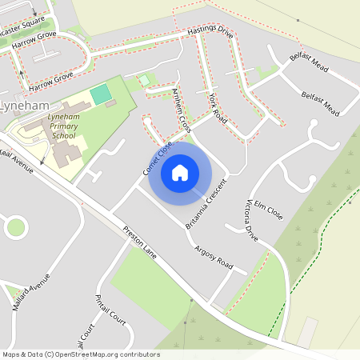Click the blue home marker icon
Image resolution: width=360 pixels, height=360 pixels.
(x=180, y=172)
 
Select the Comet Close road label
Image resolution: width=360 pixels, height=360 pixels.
(x=158, y=158)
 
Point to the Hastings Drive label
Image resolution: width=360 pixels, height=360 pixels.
(x=209, y=33)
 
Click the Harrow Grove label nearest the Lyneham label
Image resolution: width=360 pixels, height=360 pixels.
(x=51, y=78)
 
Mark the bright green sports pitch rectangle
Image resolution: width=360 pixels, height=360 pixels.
(x=101, y=94)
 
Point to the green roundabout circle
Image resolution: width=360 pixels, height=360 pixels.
(x=15, y=227)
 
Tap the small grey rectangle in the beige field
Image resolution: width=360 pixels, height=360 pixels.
(x=308, y=328)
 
